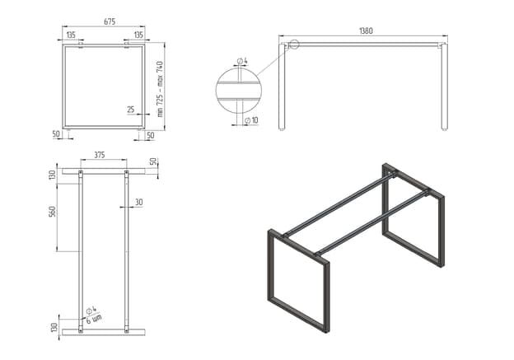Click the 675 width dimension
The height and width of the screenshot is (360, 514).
pos(110,21)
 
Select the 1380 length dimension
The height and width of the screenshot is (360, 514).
pos(367,30)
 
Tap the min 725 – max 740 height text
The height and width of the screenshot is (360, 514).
pos(160,89)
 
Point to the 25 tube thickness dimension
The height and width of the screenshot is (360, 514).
pos(131,110)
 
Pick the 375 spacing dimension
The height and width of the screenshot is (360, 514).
pos(100,155)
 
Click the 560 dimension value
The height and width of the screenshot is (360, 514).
pos(52,212)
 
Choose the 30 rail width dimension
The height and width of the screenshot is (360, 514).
pos(139,203)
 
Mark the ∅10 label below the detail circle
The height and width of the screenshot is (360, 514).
pos(251,120)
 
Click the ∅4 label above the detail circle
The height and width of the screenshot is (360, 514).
pos(242,61)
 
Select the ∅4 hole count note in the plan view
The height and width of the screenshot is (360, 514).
pos(93,315)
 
